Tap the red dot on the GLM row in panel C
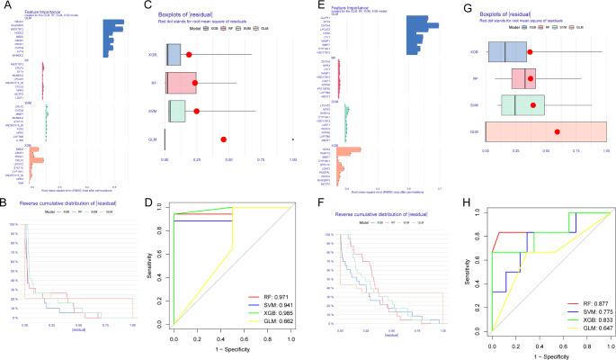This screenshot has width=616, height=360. pos(223,139)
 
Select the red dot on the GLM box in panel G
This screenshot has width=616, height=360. pos(558,132)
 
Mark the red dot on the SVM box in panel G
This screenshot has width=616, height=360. pos(533,106)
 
